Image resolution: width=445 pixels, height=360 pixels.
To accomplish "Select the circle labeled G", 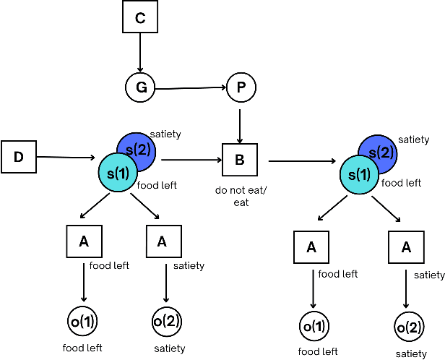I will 141,88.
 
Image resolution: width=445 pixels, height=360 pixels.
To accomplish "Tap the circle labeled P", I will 241,88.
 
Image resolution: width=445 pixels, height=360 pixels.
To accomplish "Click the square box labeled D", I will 19,157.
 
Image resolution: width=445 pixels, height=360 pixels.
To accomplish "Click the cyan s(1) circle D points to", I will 117,172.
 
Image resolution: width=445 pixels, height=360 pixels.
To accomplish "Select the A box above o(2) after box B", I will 406,247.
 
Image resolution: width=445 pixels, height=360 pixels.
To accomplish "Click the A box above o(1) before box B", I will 84,242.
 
